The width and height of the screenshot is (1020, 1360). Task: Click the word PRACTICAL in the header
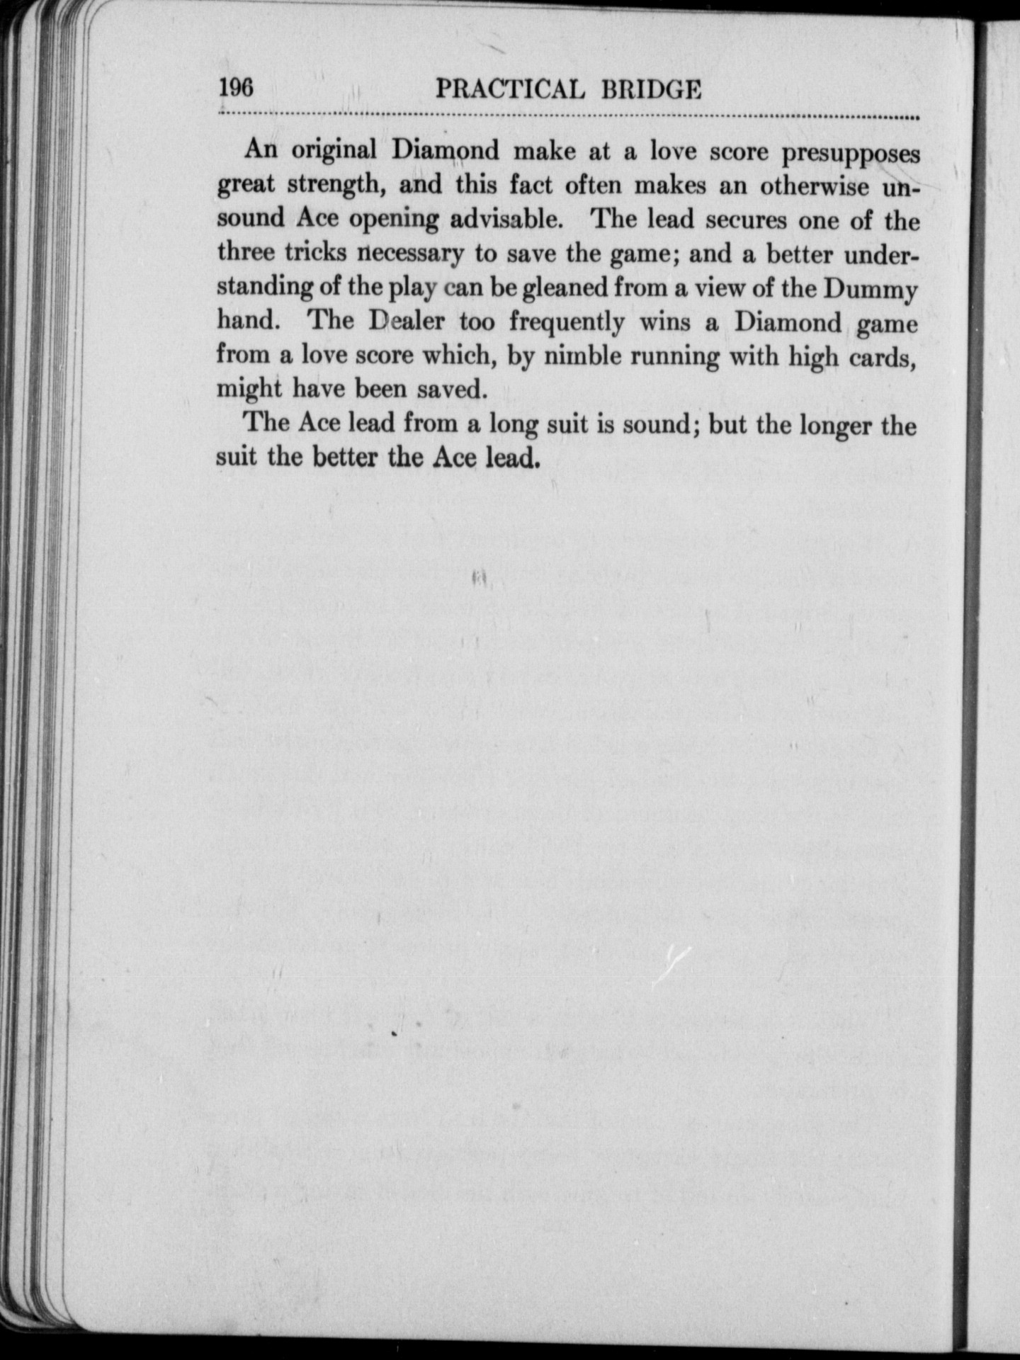point(510,90)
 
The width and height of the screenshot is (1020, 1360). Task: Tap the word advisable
point(506,220)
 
